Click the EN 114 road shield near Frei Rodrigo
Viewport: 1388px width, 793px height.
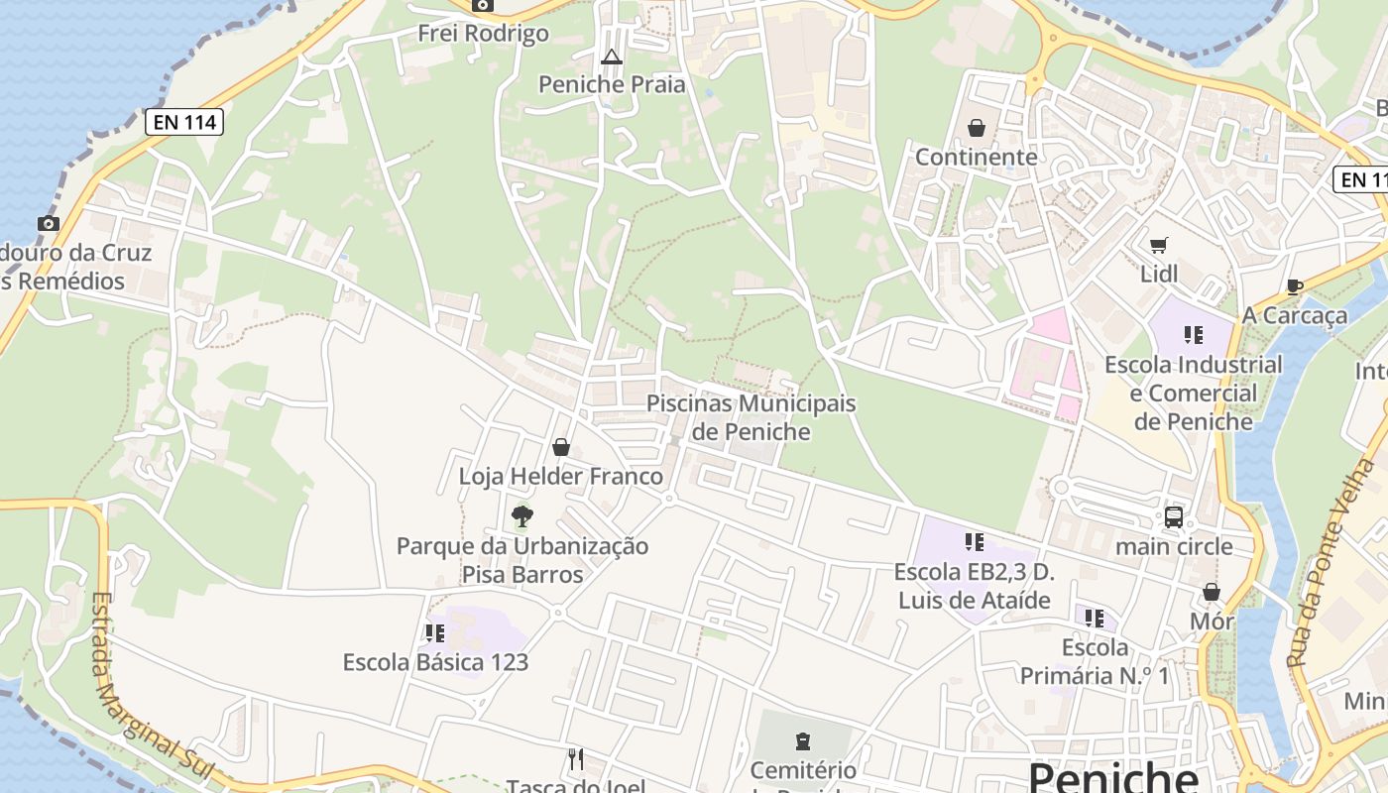pyautogui.click(x=184, y=122)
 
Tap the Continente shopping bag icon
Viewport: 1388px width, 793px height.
pyautogui.click(x=977, y=128)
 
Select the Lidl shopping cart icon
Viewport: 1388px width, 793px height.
pyautogui.click(x=1158, y=245)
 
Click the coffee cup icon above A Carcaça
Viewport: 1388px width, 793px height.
pyautogui.click(x=1294, y=286)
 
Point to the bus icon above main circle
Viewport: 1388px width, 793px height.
pyautogui.click(x=1174, y=516)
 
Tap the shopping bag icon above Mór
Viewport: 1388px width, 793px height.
pyautogui.click(x=1211, y=592)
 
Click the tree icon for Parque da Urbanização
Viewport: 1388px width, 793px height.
pyautogui.click(x=521, y=515)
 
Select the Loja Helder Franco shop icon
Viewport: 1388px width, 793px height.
pyautogui.click(x=561, y=447)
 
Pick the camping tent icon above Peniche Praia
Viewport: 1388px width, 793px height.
pyautogui.click(x=612, y=56)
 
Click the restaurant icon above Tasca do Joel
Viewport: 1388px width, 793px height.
pyautogui.click(x=576, y=759)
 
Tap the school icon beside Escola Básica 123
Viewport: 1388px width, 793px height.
pyautogui.click(x=434, y=632)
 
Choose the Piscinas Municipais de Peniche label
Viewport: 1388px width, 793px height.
pyautogui.click(x=751, y=417)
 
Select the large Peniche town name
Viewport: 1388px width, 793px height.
pyautogui.click(x=1113, y=775)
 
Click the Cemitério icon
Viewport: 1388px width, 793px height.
pyautogui.click(x=802, y=740)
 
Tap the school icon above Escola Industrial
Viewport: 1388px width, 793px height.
pyautogui.click(x=1193, y=334)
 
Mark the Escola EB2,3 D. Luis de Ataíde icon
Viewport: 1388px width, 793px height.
pyautogui.click(x=974, y=541)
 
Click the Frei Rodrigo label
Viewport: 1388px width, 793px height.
pyautogui.click(x=483, y=33)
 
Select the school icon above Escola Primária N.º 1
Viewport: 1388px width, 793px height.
pyautogui.click(x=1094, y=619)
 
